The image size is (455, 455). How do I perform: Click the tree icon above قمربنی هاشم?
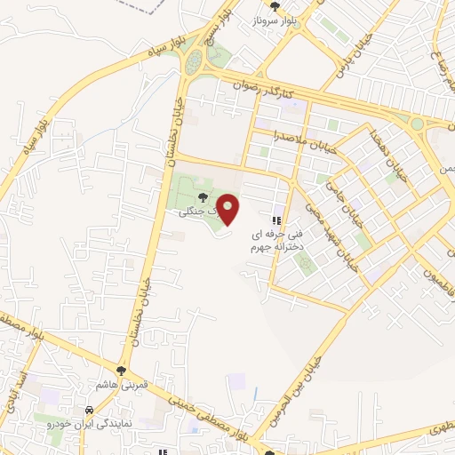[122, 370]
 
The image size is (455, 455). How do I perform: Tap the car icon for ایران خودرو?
[90, 410]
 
